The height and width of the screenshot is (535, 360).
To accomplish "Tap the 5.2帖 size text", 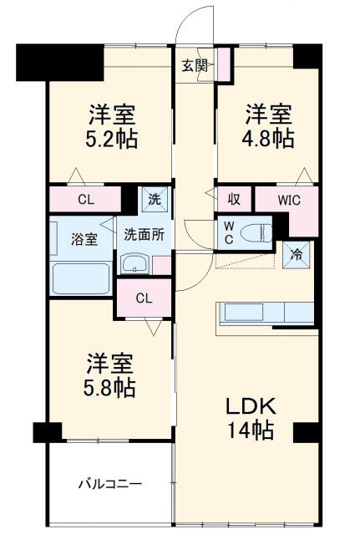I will tap(111, 138).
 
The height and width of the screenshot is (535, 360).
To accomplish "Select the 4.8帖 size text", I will tap(268, 138).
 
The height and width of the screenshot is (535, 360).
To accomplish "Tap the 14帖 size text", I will tap(251, 431).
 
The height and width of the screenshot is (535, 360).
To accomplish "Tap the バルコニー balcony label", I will tap(110, 483).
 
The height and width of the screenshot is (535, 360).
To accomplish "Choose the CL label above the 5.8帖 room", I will tap(144, 297).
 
